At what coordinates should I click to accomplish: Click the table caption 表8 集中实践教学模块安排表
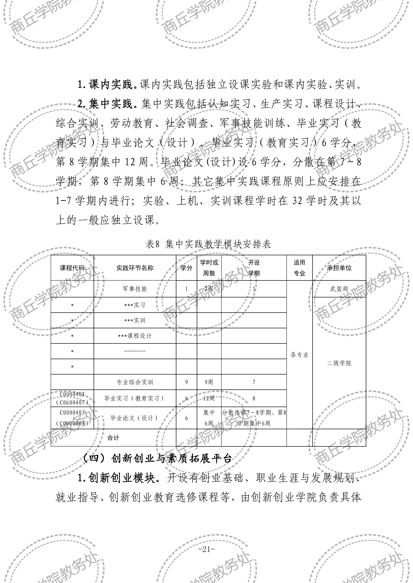click(x=208, y=244)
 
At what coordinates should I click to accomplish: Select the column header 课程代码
click(x=72, y=268)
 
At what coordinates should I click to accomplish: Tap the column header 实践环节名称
click(x=135, y=268)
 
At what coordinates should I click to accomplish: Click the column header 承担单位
click(x=339, y=268)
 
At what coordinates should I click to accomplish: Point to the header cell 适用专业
click(x=299, y=268)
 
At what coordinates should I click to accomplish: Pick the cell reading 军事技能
click(x=135, y=289)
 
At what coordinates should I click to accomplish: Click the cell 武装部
click(x=339, y=289)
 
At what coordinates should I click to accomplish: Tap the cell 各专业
click(x=299, y=355)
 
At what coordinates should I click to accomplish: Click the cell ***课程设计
click(x=135, y=336)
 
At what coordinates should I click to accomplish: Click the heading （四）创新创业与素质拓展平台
click(x=158, y=459)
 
